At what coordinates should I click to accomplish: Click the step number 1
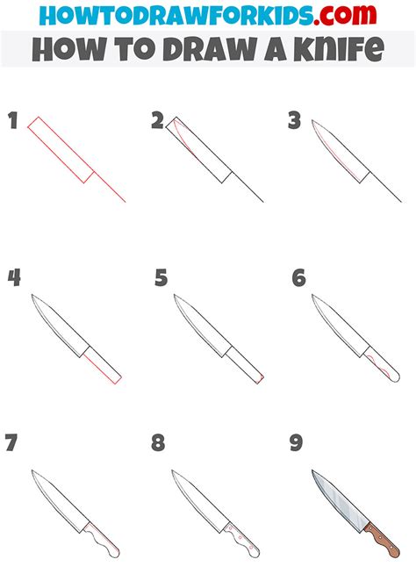[13, 121]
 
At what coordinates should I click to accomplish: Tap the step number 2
[157, 121]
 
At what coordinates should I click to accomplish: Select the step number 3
[295, 121]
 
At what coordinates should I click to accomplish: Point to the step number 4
[14, 278]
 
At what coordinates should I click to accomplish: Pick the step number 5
[161, 278]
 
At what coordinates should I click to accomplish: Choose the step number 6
[298, 278]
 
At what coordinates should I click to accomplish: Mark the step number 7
[11, 442]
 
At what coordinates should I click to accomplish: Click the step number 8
[158, 442]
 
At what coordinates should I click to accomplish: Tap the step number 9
[297, 442]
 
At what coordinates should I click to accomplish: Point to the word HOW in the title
[62, 49]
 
